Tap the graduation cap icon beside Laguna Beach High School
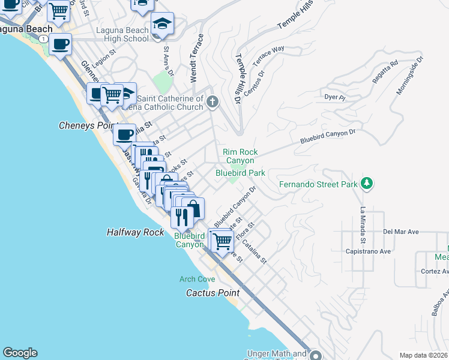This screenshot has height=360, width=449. (162, 23)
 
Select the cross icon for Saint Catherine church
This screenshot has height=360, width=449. (211, 103)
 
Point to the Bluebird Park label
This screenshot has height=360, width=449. (240, 173)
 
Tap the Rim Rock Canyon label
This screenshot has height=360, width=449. (240, 156)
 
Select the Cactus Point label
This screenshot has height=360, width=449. (212, 293)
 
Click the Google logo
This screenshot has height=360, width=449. (20, 353)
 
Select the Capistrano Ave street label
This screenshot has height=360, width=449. (368, 251)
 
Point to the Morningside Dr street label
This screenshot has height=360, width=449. (410, 76)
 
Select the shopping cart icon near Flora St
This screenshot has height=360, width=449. (222, 241)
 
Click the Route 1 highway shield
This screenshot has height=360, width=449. (43, 38)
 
